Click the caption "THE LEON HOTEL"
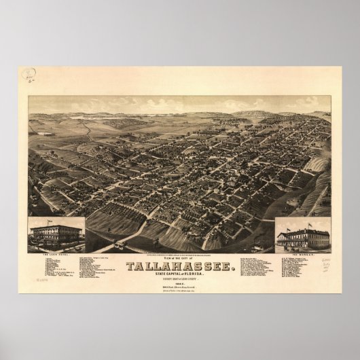(x=56, y=253)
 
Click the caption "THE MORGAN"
(x=302, y=253)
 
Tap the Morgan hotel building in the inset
(x=302, y=238)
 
